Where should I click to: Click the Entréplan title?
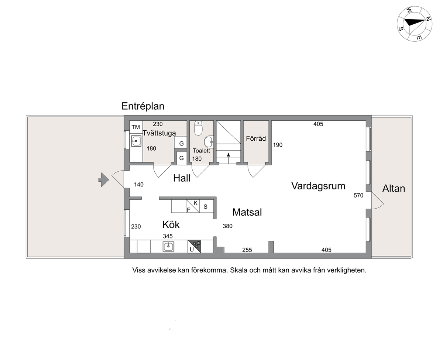(143, 106)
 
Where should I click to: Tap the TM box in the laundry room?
(136, 127)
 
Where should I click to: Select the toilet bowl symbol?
(198, 128)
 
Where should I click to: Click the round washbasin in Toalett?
(209, 142)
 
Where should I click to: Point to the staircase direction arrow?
(229, 158)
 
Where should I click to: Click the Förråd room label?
(256, 138)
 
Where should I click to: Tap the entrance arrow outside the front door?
(104, 180)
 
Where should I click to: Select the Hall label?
(182, 178)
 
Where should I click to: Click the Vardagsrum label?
(318, 186)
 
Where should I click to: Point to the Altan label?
(394, 188)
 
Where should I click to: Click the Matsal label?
(247, 212)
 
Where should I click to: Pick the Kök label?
(171, 224)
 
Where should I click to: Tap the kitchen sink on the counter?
(168, 247)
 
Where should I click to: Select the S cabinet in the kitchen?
(206, 206)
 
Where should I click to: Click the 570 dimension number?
(358, 195)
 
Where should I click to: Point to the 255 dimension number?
(247, 250)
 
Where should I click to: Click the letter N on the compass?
(428, 19)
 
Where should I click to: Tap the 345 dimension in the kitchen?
(168, 236)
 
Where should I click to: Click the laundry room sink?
(136, 141)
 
